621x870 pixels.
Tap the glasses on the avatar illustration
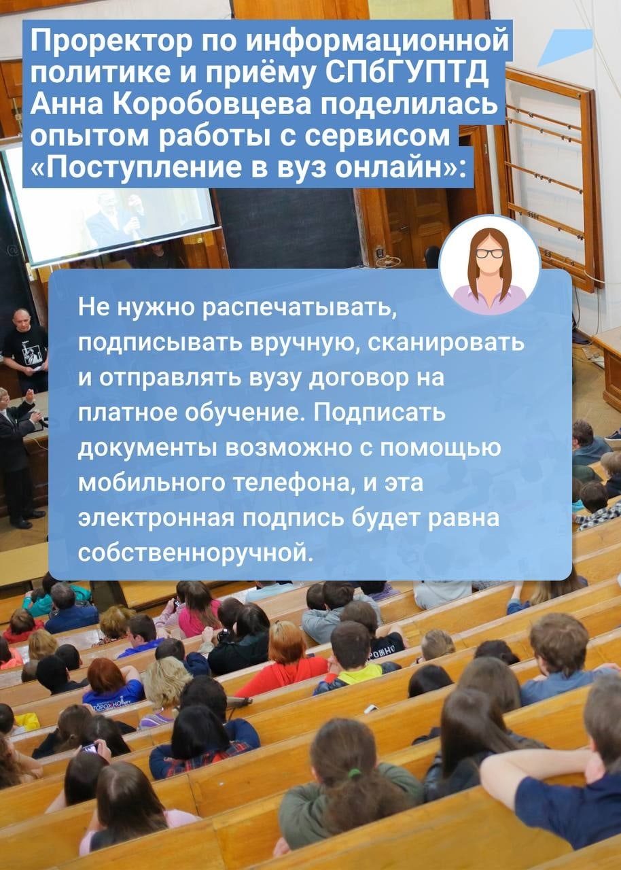tap(489, 254)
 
